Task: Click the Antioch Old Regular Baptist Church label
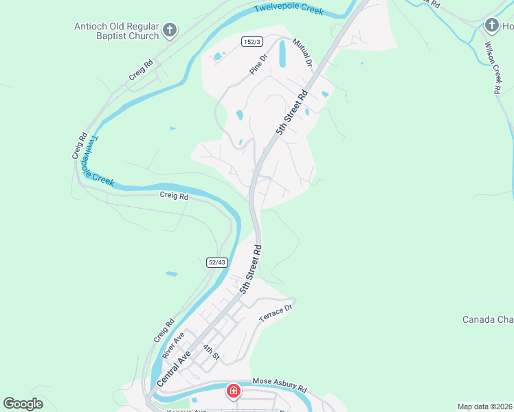point(116,32)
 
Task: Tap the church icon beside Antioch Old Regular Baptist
point(170,31)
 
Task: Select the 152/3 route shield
point(252,42)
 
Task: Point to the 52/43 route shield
point(216,262)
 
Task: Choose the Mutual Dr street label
point(302,53)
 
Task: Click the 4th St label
point(211,352)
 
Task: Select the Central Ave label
point(173,368)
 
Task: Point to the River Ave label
point(172,345)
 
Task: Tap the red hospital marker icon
point(234,391)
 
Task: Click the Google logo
point(23,404)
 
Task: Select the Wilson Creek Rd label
point(493,67)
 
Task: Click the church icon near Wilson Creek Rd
point(491,26)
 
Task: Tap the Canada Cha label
point(488,319)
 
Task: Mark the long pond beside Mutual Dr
point(282,54)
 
